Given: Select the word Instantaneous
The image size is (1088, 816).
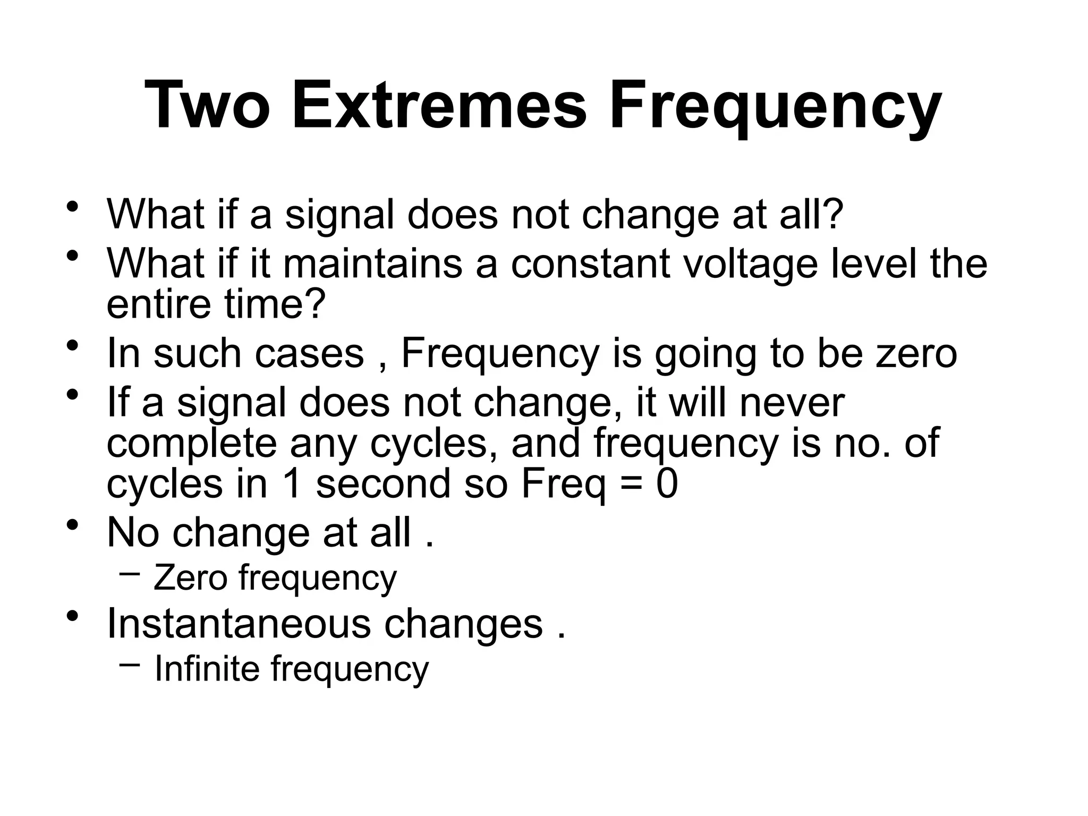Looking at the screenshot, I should [x=239, y=624].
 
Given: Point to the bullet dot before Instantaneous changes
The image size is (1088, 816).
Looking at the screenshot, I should [x=73, y=617].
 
